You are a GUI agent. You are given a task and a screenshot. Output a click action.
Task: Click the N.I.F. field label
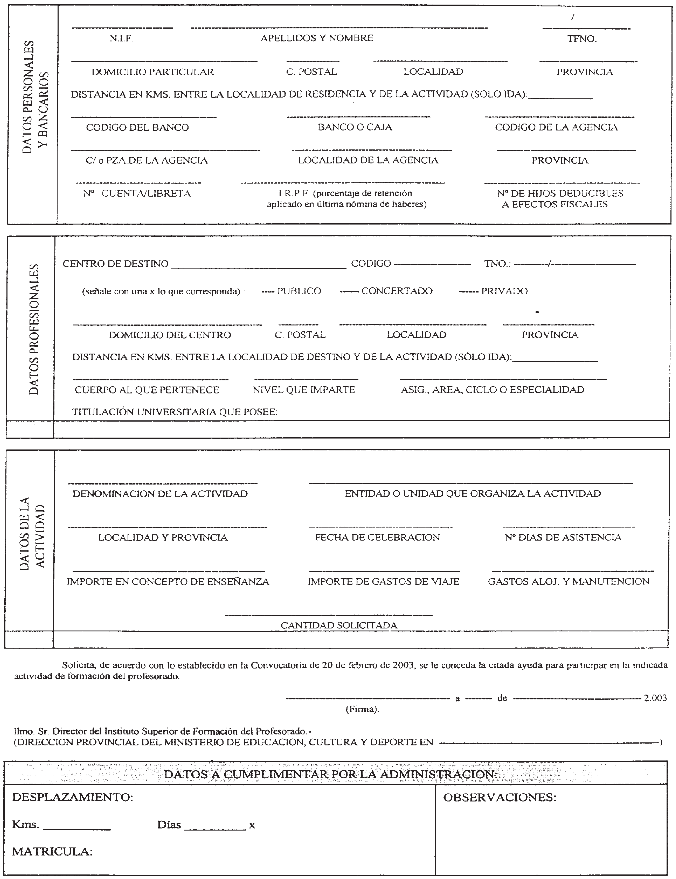(121, 39)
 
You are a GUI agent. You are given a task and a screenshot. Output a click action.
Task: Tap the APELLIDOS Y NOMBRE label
(317, 38)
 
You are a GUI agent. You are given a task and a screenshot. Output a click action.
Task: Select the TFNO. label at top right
(582, 39)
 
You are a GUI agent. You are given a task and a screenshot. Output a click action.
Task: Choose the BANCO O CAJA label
(355, 127)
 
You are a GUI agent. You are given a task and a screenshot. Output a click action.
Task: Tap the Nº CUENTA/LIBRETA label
(137, 194)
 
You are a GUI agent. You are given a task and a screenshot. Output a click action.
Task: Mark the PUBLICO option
(299, 291)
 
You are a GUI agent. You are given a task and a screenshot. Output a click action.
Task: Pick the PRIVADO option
(504, 291)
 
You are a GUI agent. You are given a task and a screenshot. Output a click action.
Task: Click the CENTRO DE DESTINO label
(115, 264)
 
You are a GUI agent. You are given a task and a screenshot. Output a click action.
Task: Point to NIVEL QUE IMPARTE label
(304, 390)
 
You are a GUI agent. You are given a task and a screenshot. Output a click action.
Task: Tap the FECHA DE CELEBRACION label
(377, 537)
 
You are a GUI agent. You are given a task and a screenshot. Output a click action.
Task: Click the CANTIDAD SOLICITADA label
(339, 625)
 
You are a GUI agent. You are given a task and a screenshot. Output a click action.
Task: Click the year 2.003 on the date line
(655, 698)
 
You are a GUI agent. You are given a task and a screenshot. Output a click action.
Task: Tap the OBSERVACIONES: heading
(500, 798)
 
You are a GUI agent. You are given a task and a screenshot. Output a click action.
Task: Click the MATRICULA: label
(52, 852)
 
